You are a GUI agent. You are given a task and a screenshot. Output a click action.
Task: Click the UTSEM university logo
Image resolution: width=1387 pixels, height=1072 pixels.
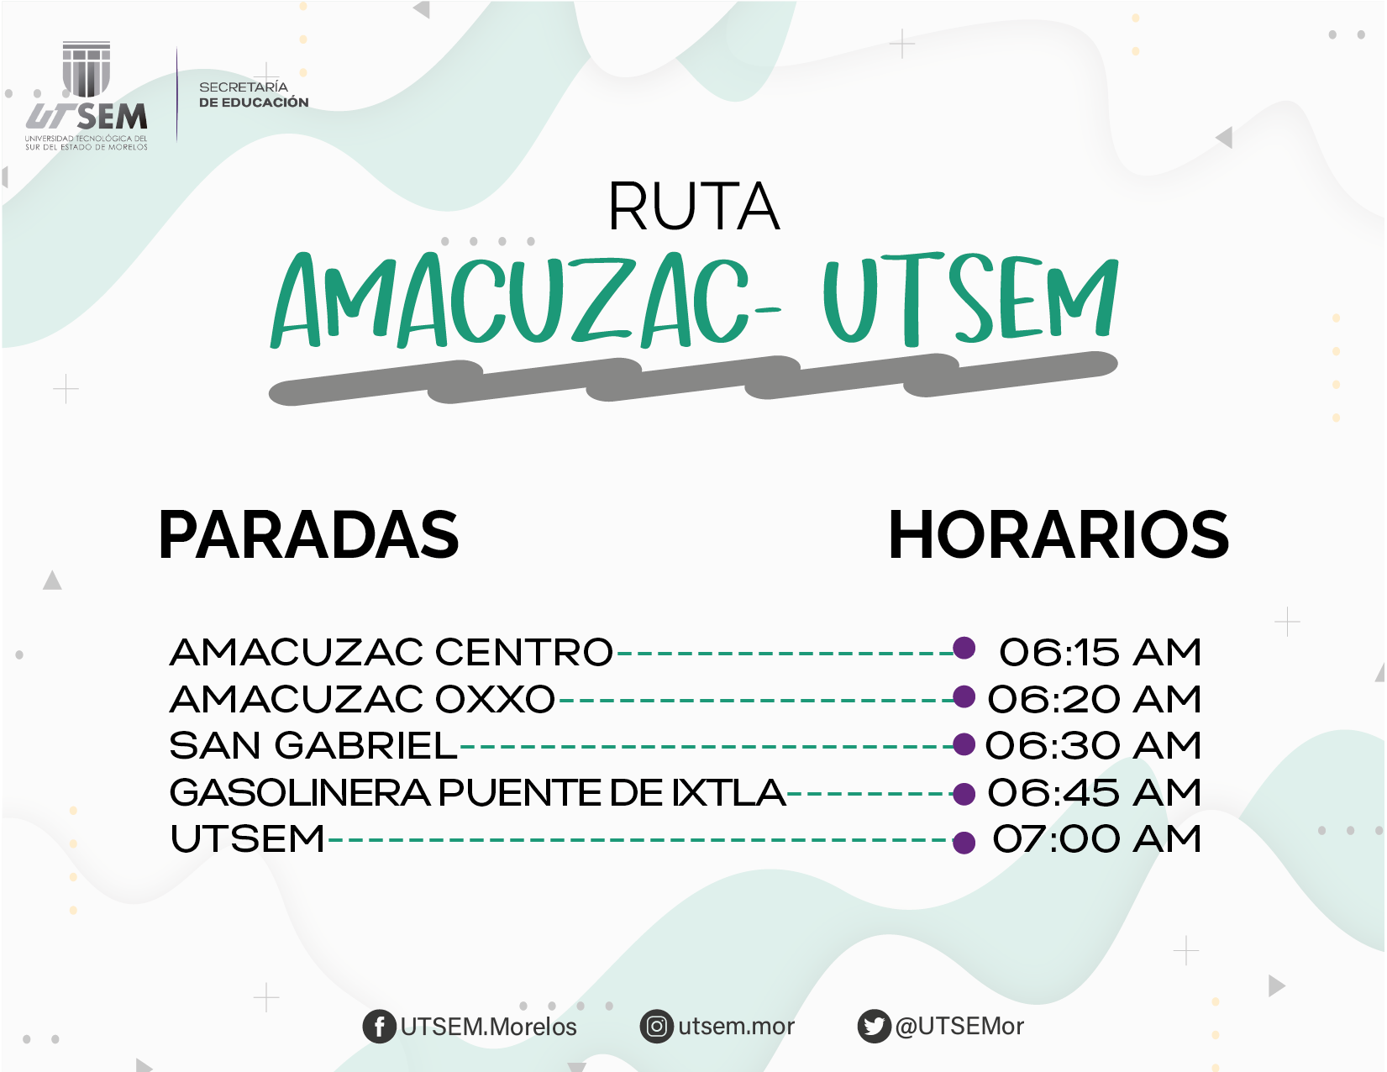87,96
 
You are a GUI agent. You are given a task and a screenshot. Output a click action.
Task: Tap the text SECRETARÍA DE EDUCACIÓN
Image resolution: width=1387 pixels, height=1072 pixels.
254,94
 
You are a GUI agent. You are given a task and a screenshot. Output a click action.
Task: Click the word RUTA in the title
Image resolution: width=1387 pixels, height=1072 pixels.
694,206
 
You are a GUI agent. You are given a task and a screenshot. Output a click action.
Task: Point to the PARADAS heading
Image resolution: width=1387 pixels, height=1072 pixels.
308,534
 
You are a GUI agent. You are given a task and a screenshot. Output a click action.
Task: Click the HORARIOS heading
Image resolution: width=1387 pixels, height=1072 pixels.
1059,534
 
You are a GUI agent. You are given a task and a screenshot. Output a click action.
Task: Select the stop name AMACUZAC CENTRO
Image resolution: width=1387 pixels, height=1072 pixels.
391,652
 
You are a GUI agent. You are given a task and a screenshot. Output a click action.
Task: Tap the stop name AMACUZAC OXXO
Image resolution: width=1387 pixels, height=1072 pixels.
362,699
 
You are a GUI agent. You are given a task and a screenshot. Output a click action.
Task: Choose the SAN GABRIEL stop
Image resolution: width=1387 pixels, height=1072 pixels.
313,745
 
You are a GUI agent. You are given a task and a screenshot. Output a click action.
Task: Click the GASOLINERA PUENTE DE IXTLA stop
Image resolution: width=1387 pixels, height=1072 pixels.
477,792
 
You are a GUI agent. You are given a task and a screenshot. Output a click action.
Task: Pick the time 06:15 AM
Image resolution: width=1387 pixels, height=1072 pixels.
1100,652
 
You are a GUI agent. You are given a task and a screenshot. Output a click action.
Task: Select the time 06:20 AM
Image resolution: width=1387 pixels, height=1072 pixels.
1094,699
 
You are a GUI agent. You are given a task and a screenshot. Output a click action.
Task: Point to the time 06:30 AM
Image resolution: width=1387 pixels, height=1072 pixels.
1093,745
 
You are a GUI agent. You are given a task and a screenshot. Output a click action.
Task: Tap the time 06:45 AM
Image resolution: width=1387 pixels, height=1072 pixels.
1094,792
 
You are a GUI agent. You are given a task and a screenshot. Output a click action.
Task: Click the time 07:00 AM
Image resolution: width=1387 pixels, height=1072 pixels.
1096,838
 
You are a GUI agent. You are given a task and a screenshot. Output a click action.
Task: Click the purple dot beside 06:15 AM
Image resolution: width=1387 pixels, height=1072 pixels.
964,648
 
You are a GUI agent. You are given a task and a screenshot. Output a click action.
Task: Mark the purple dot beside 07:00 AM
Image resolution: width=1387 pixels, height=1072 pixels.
964,843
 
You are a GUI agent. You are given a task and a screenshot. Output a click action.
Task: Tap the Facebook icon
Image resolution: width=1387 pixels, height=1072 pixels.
379,1027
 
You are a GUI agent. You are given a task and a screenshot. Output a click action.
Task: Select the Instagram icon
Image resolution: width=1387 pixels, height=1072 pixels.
656,1027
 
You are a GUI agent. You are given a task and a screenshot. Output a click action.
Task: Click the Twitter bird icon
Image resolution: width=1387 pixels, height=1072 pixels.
874,1027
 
